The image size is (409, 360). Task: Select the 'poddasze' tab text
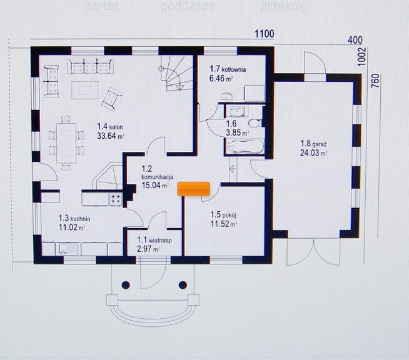click(188, 6)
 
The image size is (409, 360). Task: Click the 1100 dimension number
click(265, 34)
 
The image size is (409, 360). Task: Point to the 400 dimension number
click(355, 40)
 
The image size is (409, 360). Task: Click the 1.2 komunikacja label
click(156, 176)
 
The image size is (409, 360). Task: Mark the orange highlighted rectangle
click(194, 189)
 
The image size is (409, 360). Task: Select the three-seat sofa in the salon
click(90, 66)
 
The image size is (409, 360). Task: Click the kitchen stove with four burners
click(116, 199)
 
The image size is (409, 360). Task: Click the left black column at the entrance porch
click(126, 285)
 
